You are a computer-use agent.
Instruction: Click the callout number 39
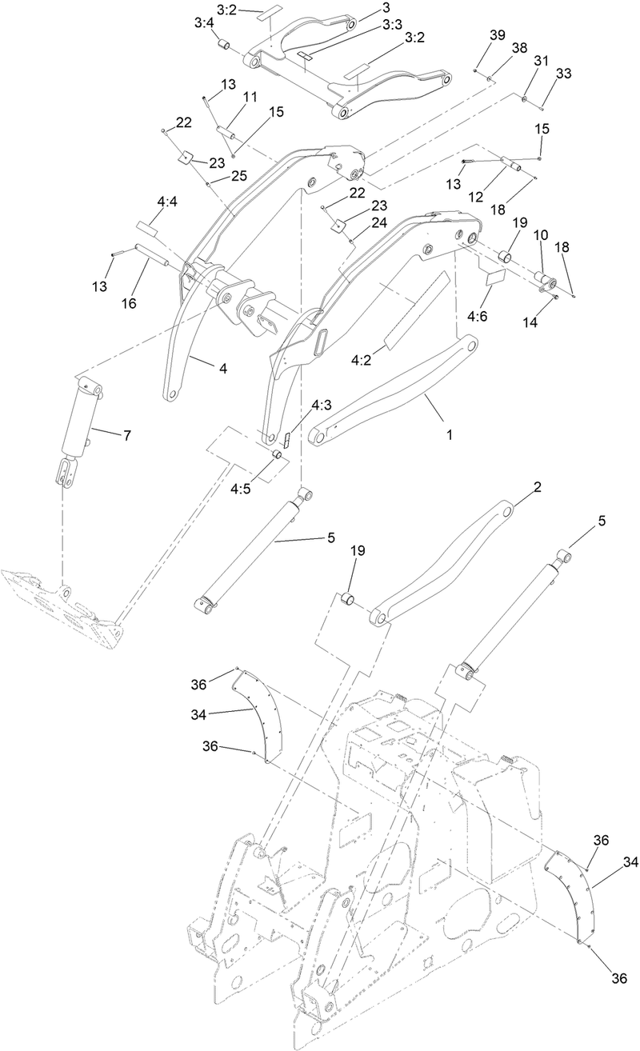(498, 36)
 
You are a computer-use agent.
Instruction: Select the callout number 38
(520, 48)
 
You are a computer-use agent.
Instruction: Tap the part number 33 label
(564, 74)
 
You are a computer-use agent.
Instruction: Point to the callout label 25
(239, 175)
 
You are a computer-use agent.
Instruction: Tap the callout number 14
(530, 322)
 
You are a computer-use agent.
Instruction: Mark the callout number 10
(542, 237)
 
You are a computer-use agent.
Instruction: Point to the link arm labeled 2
(444, 564)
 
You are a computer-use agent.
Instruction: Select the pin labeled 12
(510, 166)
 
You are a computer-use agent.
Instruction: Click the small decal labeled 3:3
(306, 56)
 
